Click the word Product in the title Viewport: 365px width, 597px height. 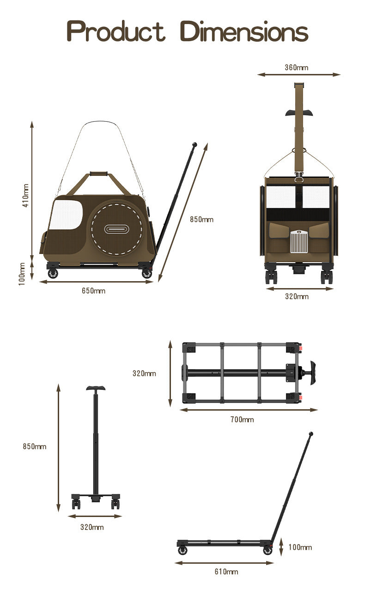point(116,32)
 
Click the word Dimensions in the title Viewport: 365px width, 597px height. point(243,32)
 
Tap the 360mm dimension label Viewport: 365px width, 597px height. point(296,68)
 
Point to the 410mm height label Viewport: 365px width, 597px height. point(25,195)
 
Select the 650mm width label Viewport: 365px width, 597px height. point(93,291)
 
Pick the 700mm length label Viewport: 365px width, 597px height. point(242,419)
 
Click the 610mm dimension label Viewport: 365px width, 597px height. point(226,572)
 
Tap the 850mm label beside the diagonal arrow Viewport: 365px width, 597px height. point(201,219)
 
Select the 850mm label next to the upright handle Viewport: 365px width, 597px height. point(35,446)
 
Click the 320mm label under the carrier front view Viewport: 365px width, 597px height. point(297,296)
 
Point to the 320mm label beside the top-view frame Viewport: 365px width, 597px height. point(144,373)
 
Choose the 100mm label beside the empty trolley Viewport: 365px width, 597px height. point(300,547)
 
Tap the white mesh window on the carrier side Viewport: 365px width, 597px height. point(65,214)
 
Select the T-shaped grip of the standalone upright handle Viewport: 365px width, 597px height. point(96,388)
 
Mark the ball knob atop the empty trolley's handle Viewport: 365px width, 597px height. point(311,434)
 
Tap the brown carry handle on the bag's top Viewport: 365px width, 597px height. point(98,174)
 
